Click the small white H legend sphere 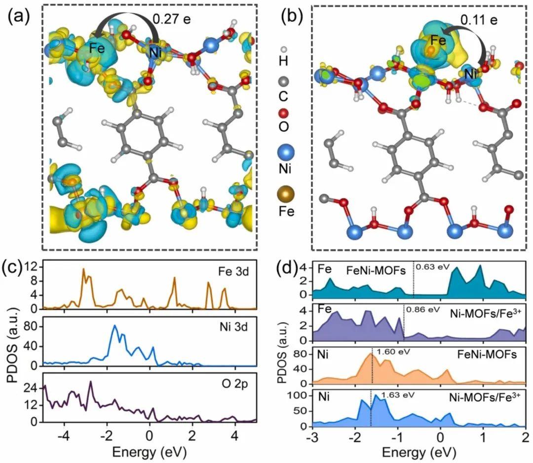coord(283,50)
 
